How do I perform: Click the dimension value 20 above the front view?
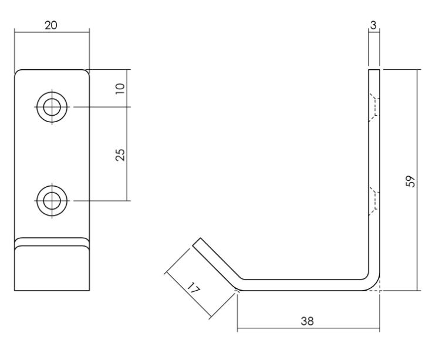pos(51,26)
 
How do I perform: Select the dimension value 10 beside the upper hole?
pos(120,88)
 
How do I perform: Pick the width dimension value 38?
pos(306,321)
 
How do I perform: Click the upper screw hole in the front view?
pos(52,107)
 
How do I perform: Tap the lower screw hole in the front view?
pos(52,200)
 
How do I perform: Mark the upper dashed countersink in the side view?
pos(373,107)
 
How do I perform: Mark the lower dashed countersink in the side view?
pos(373,201)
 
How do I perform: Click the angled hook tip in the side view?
pos(199,243)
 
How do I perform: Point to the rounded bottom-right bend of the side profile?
pos(374,284)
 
